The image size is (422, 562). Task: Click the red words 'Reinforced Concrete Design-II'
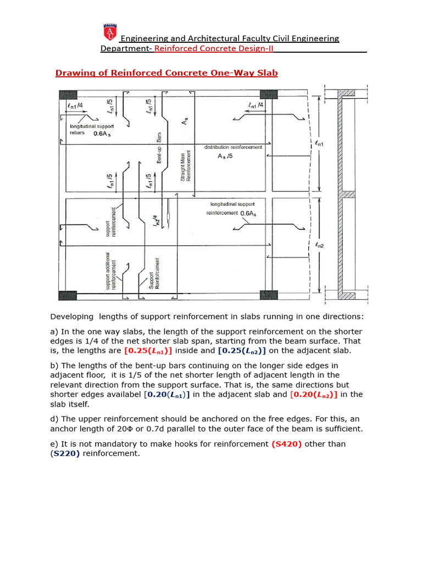coord(214,48)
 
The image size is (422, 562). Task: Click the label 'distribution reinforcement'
coord(233,147)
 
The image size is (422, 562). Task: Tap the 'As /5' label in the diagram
coord(226,156)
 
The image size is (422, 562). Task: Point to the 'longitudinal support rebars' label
coord(91,130)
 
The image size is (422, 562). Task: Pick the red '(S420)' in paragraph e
coord(287,443)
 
